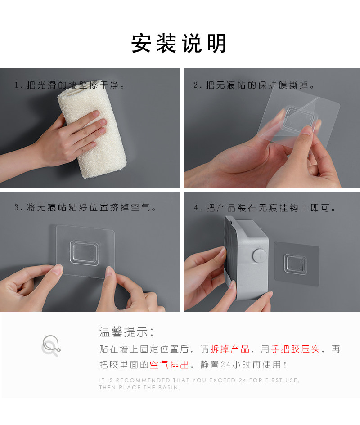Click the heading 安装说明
179,43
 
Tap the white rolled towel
92,129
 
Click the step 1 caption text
70,85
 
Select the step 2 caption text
254,85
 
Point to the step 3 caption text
85,208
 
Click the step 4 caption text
265,208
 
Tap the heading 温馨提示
126,331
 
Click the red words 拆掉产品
230,349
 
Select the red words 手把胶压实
296,349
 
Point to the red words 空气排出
169,365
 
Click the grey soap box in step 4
246,258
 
